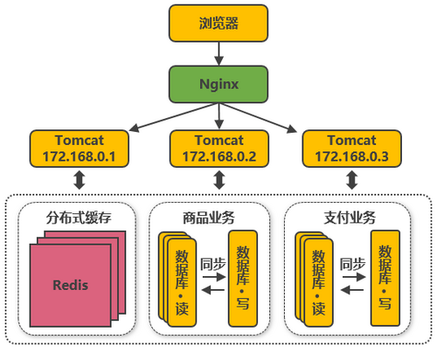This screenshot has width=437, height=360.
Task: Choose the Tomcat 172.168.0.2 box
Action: click(217, 149)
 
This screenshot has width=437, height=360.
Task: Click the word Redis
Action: click(70, 286)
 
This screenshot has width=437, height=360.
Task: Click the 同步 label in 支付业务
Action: click(351, 262)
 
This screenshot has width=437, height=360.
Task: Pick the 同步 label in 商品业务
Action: click(212, 262)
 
